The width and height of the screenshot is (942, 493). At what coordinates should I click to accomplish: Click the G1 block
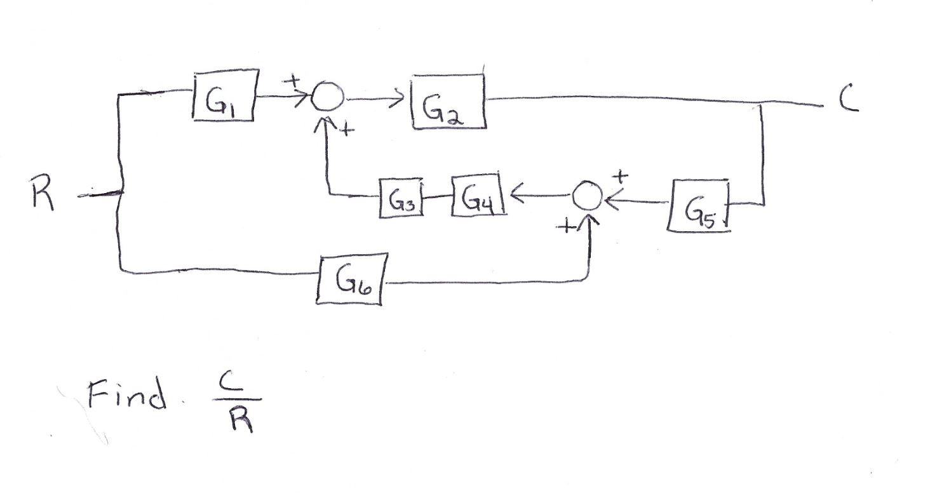click(225, 95)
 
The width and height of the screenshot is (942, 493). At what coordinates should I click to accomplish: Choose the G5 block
click(698, 207)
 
